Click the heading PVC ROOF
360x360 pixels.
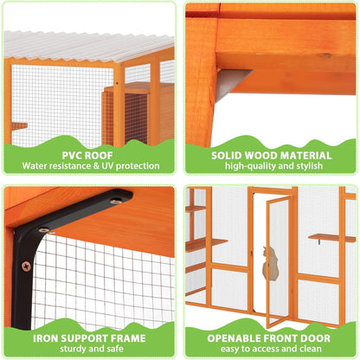[x=90, y=151]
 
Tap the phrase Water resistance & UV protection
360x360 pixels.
[x=90, y=164]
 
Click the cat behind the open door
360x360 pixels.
[x=271, y=261]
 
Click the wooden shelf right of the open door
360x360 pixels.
[x=331, y=237]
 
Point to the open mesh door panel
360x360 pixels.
[x=278, y=260]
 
